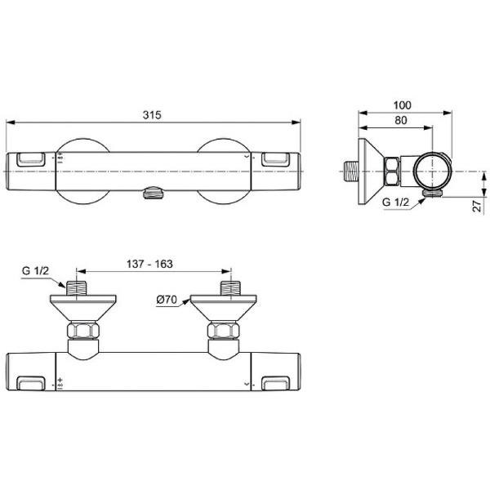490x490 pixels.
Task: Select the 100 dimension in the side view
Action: [x=401, y=105]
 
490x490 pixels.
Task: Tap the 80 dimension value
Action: [x=400, y=121]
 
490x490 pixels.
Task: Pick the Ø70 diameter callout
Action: [x=168, y=300]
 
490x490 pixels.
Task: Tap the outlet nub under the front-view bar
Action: [x=151, y=194]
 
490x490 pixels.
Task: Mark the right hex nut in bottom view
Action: [x=223, y=332]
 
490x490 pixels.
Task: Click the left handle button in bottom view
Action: [x=32, y=380]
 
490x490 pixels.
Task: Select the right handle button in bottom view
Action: [x=274, y=380]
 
